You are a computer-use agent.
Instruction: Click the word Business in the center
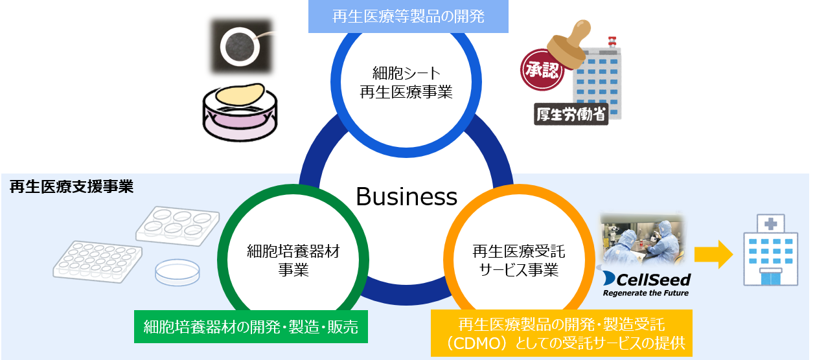click(x=406, y=197)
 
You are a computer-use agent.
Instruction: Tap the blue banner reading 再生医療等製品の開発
click(x=408, y=16)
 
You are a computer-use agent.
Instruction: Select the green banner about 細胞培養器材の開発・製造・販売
click(x=251, y=326)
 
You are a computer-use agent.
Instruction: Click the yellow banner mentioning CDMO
click(x=562, y=333)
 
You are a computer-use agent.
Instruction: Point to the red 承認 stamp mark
click(x=542, y=70)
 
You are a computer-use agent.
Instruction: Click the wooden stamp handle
click(x=569, y=42)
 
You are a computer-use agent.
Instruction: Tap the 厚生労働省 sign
click(x=571, y=115)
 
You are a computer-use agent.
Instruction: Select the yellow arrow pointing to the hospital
click(x=713, y=254)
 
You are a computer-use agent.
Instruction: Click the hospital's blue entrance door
click(x=770, y=278)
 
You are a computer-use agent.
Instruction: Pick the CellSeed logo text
click(x=647, y=280)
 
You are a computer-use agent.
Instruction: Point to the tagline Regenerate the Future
click(x=646, y=293)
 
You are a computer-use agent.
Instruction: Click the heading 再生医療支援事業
click(x=72, y=186)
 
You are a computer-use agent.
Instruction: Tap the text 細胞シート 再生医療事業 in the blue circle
click(x=406, y=82)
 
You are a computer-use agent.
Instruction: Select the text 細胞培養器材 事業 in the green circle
click(x=293, y=260)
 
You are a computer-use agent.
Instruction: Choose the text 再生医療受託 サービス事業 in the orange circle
click(x=519, y=260)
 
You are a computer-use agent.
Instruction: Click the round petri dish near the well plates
click(x=178, y=272)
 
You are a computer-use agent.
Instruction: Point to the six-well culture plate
click(x=178, y=226)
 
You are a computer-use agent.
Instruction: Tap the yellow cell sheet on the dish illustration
click(x=240, y=95)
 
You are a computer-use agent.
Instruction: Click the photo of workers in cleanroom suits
click(x=643, y=239)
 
